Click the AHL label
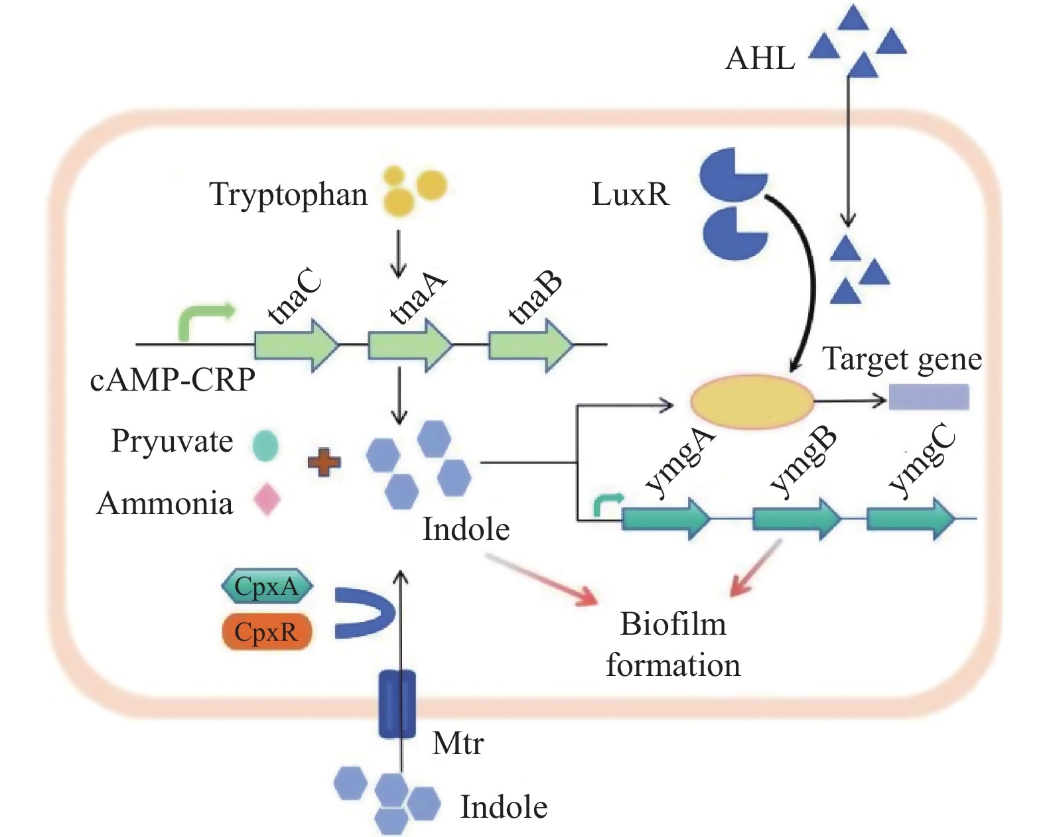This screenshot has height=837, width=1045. (x=760, y=58)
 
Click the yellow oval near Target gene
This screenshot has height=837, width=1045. (x=752, y=401)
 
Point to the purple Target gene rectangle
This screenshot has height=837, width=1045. (x=929, y=397)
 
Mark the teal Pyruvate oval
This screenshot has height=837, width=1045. (x=265, y=445)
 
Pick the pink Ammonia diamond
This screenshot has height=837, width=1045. (x=267, y=499)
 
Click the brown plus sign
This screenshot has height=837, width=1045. (x=324, y=462)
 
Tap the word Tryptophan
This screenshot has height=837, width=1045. (x=289, y=195)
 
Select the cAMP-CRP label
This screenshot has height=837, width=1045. (x=173, y=380)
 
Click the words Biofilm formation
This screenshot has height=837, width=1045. (x=673, y=644)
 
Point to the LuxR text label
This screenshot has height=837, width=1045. (x=630, y=195)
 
